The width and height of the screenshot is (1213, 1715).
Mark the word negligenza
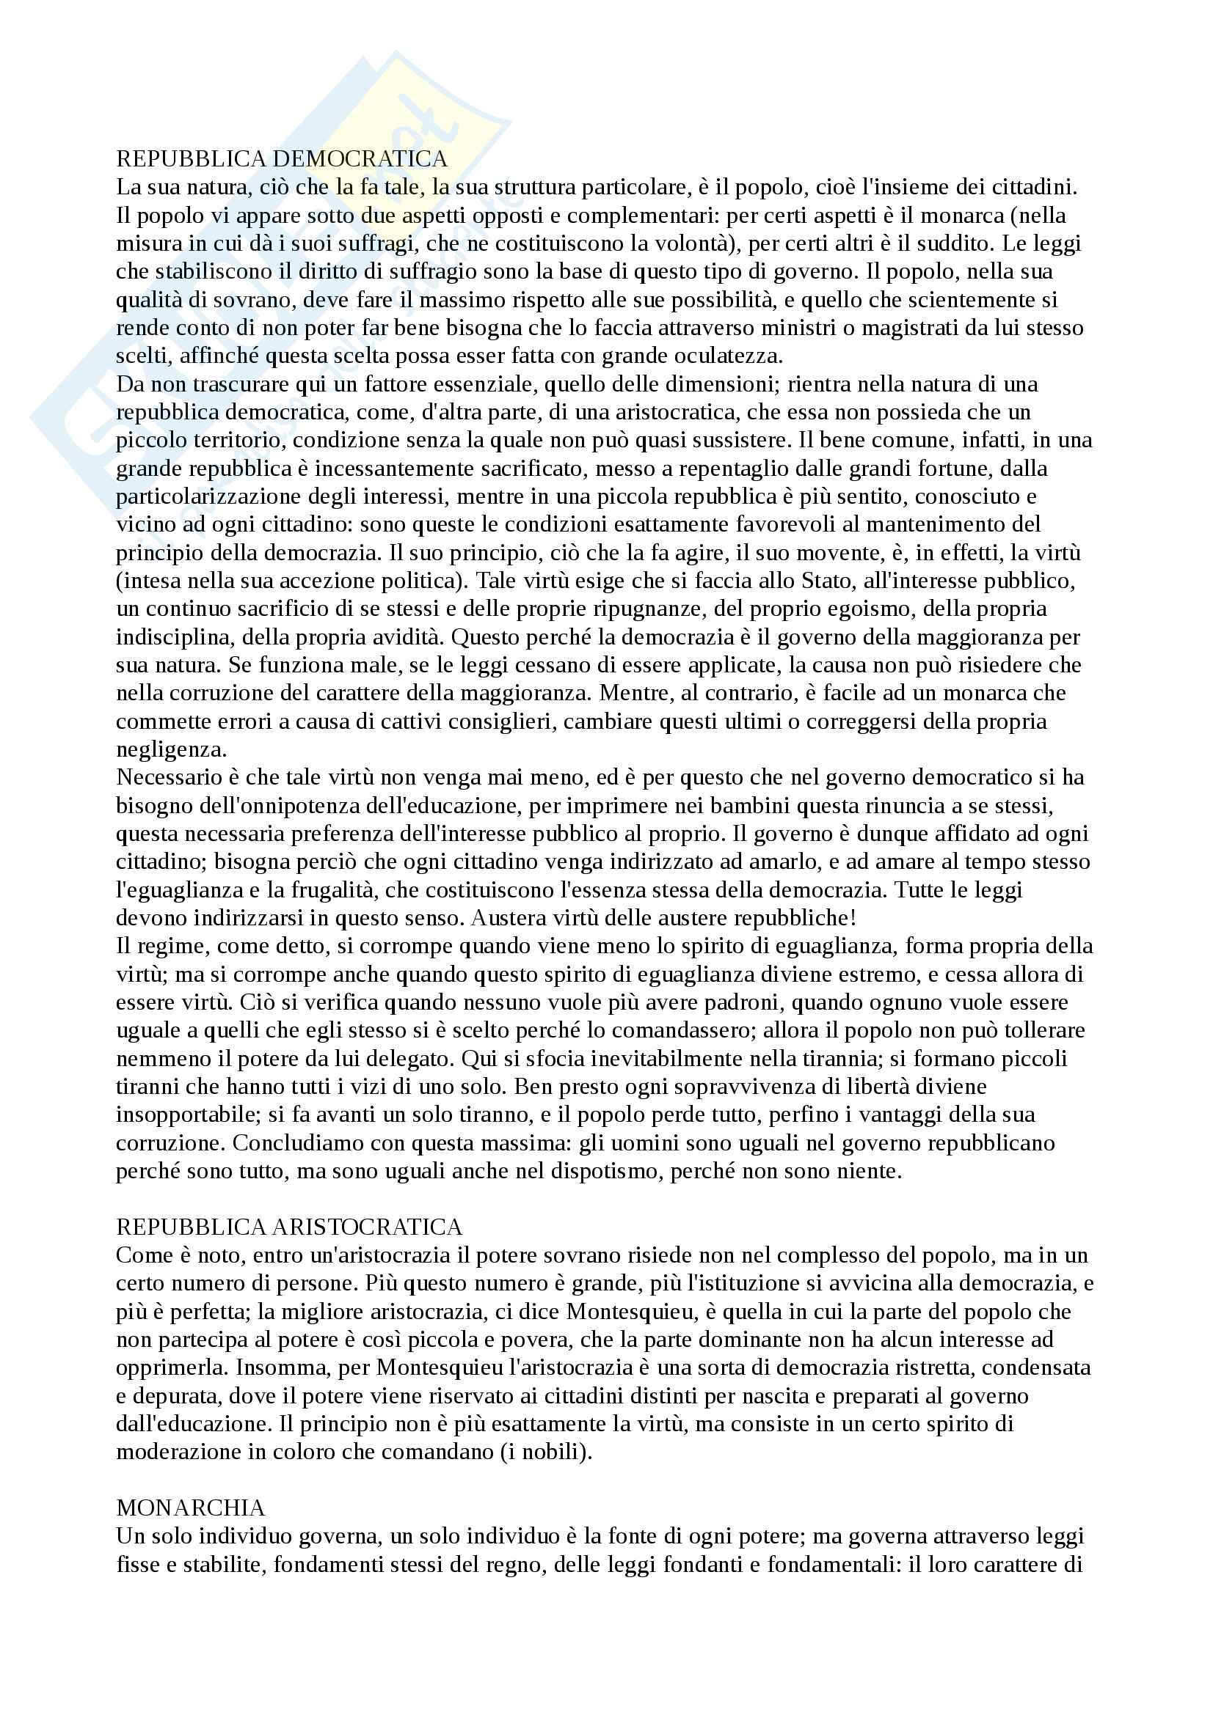171,749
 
